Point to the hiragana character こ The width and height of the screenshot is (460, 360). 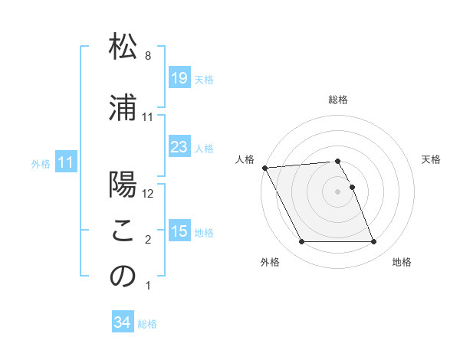123,232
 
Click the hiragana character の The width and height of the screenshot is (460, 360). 123,277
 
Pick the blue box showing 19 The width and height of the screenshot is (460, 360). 179,78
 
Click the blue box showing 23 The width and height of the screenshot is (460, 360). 179,147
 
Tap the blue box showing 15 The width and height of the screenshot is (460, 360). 179,231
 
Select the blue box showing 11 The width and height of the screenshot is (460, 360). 65,162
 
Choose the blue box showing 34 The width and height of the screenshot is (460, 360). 122,322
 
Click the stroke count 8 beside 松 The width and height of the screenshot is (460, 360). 148,56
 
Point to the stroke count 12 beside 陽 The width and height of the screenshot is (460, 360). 148,193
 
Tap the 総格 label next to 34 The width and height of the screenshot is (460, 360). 147,324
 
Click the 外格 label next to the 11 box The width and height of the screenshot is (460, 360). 41,163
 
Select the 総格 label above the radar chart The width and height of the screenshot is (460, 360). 338,100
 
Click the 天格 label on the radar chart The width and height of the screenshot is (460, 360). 432,159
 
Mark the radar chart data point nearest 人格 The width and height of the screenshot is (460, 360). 264,168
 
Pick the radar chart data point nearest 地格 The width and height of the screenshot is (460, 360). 373,242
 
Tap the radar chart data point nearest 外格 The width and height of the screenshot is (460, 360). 301,242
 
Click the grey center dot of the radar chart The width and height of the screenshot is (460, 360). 338,191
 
